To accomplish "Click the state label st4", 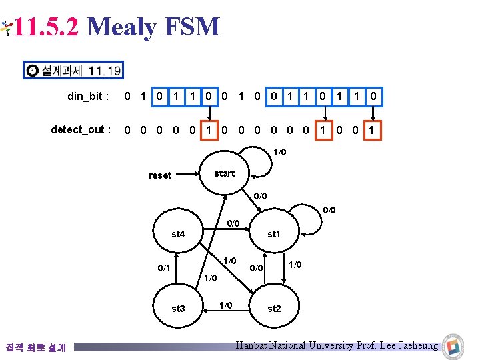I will tap(178, 234).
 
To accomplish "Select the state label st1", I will tap(274, 234).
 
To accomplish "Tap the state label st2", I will tap(274, 309).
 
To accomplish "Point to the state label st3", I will tap(178, 309).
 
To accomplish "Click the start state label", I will tap(225, 173).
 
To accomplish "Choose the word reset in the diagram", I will tap(160, 175).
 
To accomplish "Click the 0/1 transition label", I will tap(163, 268).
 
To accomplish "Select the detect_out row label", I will tap(81, 129).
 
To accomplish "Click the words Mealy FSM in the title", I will tap(153, 27).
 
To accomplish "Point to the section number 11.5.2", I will tap(47, 27).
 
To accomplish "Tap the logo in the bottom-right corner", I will tap(454, 345).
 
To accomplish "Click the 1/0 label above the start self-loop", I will tap(280, 153).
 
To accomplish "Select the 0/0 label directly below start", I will tap(260, 196).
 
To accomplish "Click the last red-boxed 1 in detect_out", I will tap(372, 129).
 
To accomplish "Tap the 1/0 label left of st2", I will tap(226, 305).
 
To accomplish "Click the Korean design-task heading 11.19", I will tap(74, 70).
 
